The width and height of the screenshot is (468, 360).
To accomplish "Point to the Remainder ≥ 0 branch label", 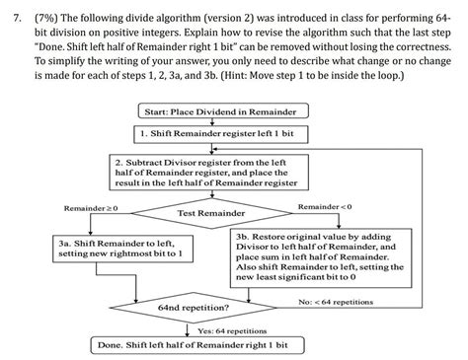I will (x=90, y=209).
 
